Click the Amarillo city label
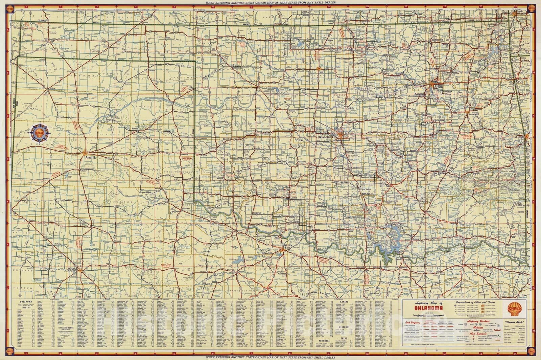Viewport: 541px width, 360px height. pos(91,157)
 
